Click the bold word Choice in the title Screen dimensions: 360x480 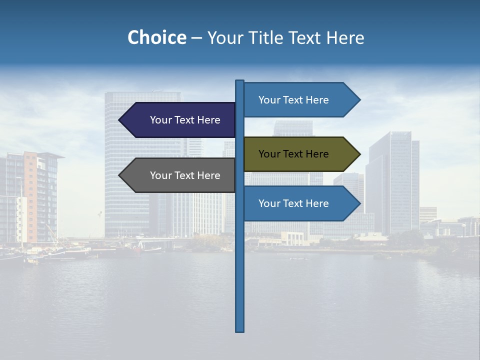(156, 37)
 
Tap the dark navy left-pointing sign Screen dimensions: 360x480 (180, 120)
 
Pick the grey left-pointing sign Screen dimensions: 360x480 (180, 175)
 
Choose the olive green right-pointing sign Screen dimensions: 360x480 (297, 154)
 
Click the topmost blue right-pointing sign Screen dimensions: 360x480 (297, 100)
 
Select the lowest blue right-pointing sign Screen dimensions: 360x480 (297, 203)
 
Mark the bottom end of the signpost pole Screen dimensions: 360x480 (240, 330)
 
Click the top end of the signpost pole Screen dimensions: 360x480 (240, 81)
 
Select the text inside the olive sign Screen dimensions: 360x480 (293, 154)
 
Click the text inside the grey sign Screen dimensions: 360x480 (185, 175)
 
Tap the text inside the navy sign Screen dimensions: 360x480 (185, 120)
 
